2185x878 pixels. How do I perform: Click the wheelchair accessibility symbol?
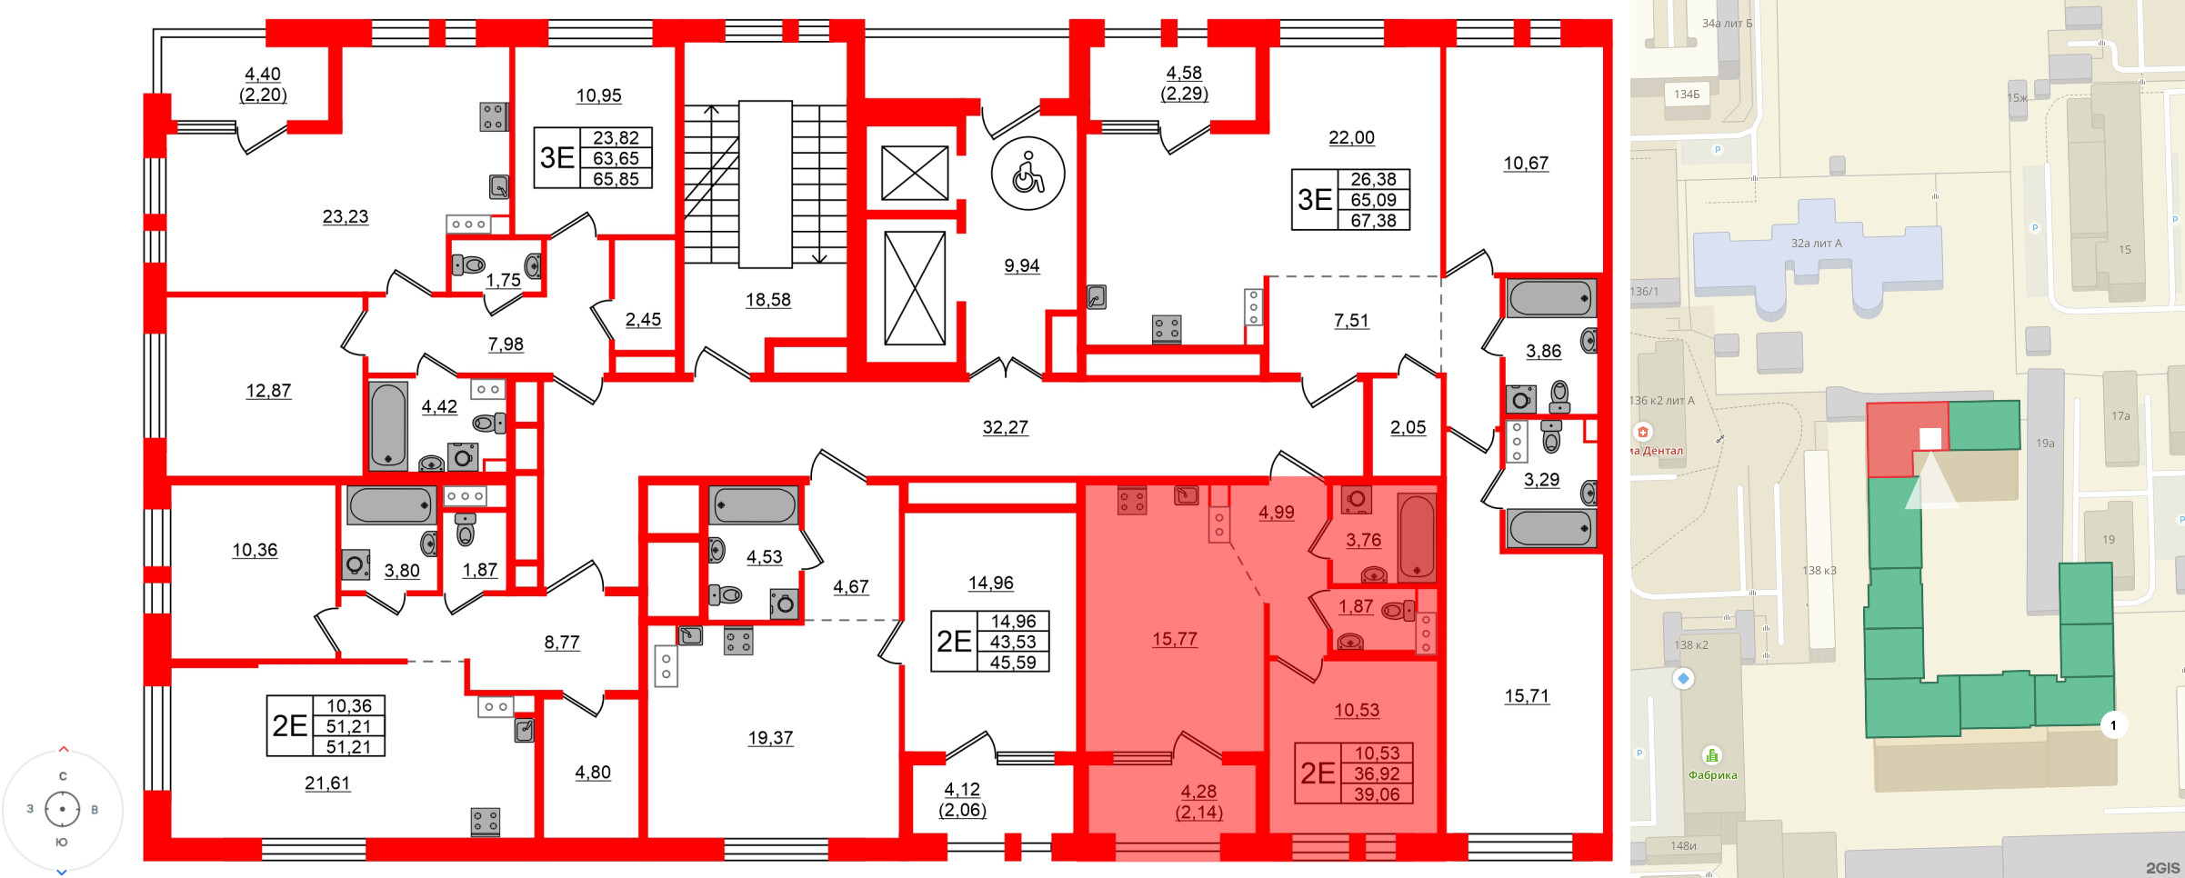pyautogui.click(x=1028, y=173)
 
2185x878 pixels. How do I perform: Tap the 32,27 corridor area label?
pyautogui.click(x=1005, y=427)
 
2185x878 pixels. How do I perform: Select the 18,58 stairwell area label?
pyautogui.click(x=767, y=300)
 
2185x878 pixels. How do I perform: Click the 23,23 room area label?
pyautogui.click(x=346, y=216)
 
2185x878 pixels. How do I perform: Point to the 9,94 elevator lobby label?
pyautogui.click(x=1021, y=266)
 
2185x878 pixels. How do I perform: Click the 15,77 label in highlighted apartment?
pyautogui.click(x=1174, y=639)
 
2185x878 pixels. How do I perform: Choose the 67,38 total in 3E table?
pyautogui.click(x=1372, y=221)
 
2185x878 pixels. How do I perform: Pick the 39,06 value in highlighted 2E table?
pyautogui.click(x=1377, y=794)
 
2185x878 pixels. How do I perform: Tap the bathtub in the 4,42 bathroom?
pyautogui.click(x=388, y=425)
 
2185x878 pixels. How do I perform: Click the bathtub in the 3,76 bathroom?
pyautogui.click(x=1416, y=536)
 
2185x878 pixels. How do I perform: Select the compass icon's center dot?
pyautogui.click(x=62, y=809)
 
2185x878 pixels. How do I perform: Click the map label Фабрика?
pyautogui.click(x=1712, y=775)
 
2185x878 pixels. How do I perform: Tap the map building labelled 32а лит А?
pyautogui.click(x=1815, y=264)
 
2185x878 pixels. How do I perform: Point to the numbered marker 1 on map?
pyautogui.click(x=2113, y=725)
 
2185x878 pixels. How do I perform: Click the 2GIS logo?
pyautogui.click(x=2162, y=868)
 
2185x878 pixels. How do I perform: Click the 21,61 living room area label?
pyautogui.click(x=327, y=783)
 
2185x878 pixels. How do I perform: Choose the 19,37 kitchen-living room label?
pyautogui.click(x=770, y=738)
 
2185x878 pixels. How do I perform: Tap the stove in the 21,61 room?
pyautogui.click(x=485, y=822)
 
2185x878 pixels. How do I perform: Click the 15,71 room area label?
pyautogui.click(x=1526, y=696)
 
